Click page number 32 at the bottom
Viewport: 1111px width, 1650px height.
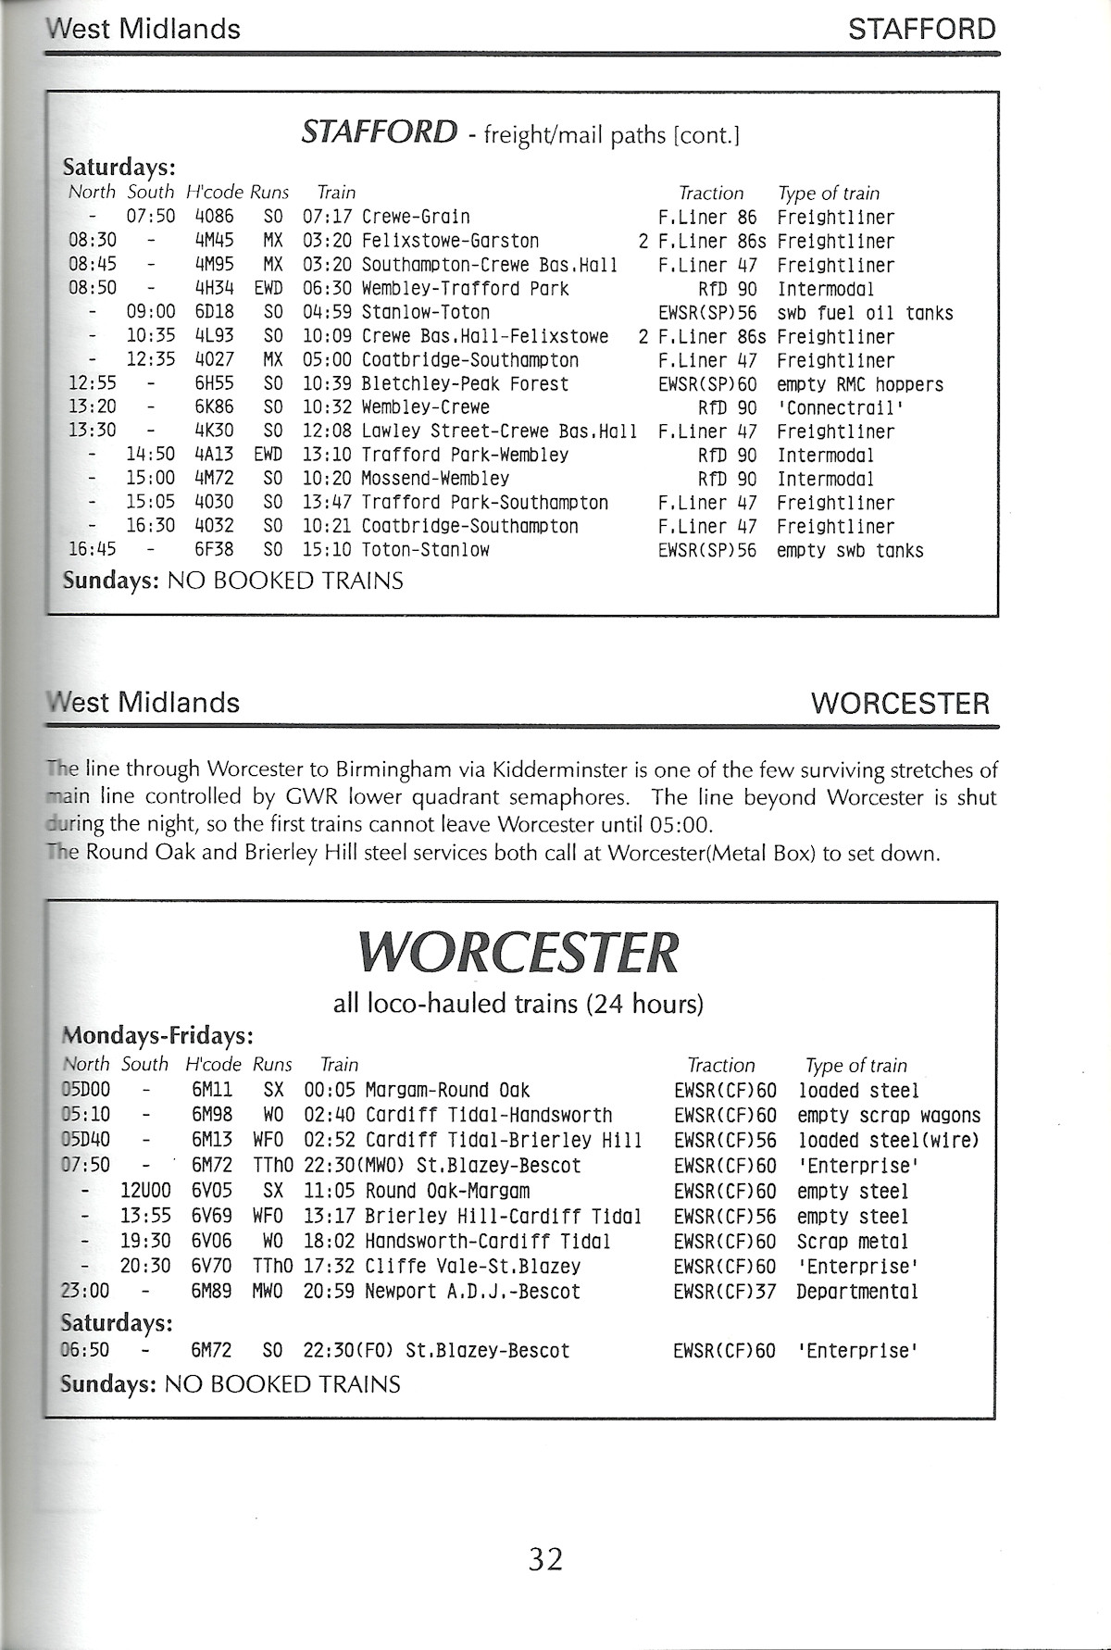click(x=545, y=1560)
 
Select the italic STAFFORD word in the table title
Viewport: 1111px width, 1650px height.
click(x=379, y=132)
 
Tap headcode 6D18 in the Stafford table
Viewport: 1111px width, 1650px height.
click(x=214, y=313)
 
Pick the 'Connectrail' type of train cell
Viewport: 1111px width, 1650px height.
click(x=840, y=408)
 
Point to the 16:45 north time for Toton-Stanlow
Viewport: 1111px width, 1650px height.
click(x=93, y=550)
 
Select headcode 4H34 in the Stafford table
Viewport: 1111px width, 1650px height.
click(x=214, y=289)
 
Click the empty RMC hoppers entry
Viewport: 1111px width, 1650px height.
click(x=859, y=384)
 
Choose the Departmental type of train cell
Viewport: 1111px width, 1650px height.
click(x=857, y=1292)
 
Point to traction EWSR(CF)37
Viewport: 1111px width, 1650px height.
click(x=725, y=1292)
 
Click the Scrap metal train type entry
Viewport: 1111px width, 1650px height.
click(x=853, y=1242)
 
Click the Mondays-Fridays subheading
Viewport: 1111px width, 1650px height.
click(x=157, y=1035)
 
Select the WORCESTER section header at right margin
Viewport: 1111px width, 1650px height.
click(x=900, y=704)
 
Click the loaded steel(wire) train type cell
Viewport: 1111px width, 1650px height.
click(x=888, y=1141)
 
